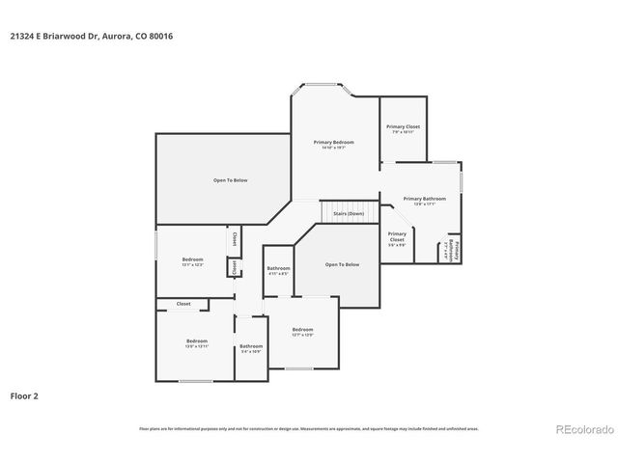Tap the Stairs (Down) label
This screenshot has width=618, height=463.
click(348, 213)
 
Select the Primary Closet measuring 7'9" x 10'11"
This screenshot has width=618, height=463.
click(403, 128)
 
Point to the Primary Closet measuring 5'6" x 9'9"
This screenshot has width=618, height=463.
click(397, 238)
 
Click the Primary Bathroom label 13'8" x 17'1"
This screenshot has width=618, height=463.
click(425, 200)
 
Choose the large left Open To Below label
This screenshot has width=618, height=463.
click(231, 180)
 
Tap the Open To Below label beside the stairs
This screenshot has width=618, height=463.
click(342, 264)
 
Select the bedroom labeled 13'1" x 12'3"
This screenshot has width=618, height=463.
click(193, 261)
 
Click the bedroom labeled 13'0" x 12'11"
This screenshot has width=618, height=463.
click(197, 343)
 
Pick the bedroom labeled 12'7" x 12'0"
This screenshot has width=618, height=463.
click(303, 332)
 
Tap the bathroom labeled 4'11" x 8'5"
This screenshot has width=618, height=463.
click(279, 270)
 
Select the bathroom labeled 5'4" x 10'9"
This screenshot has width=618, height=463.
click(251, 348)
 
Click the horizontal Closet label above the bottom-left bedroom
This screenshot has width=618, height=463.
click(183, 304)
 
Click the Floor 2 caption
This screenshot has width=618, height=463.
click(24, 395)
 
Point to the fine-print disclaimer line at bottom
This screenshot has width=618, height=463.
click(309, 429)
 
